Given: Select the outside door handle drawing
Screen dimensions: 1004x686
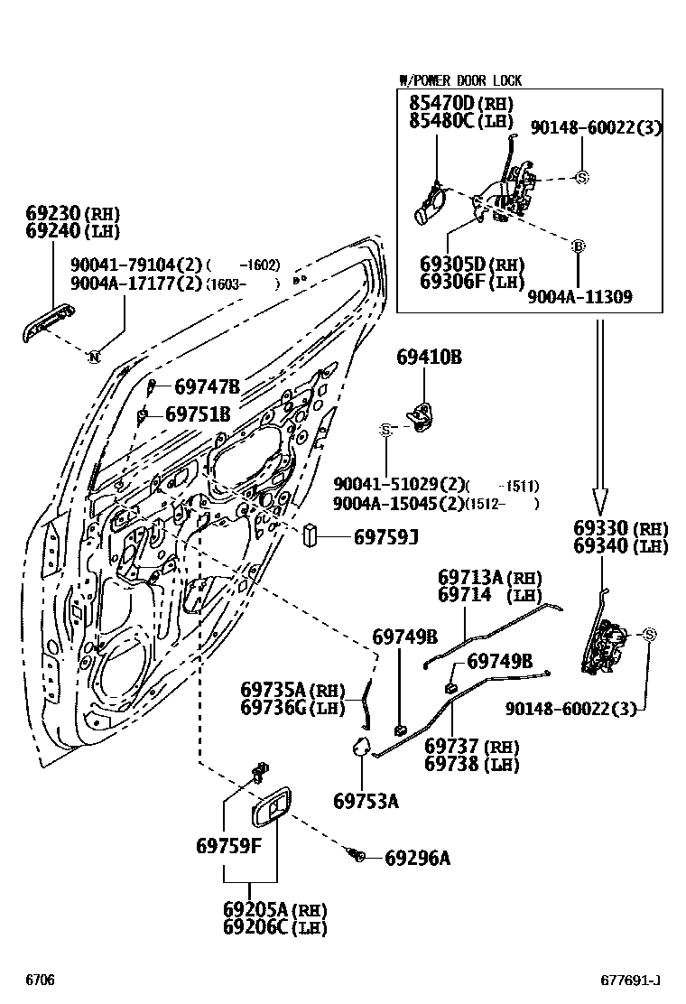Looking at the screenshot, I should (x=48, y=322).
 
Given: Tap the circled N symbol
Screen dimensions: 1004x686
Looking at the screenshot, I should (x=93, y=358).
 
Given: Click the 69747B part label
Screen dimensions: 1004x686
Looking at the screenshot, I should (x=207, y=386).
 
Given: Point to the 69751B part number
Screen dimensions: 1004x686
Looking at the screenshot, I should (x=197, y=414).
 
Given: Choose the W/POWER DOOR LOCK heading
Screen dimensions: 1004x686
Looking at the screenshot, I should (x=460, y=80).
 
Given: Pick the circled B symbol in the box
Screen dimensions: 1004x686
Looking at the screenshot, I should (x=579, y=245).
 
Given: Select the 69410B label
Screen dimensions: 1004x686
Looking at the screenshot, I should (x=429, y=358).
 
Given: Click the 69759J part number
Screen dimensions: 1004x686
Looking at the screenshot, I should (x=385, y=538).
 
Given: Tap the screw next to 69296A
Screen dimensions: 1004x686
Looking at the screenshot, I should (x=359, y=854).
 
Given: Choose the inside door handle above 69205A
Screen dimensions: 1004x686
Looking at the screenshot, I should (x=271, y=808).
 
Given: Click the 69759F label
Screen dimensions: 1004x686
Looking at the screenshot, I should (x=228, y=846).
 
